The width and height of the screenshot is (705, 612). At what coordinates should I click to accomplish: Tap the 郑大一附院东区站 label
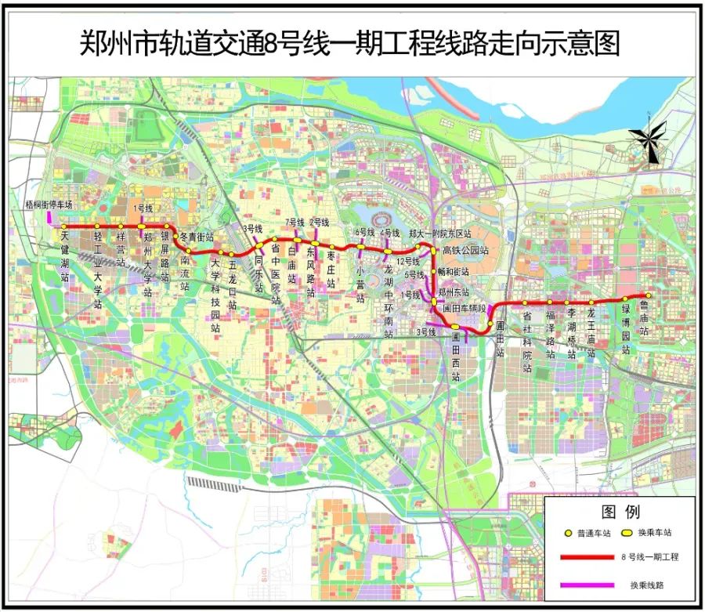click(x=440, y=234)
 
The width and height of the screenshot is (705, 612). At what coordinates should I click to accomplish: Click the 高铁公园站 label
click(x=466, y=251)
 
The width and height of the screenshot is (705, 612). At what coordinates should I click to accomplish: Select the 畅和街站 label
click(x=452, y=272)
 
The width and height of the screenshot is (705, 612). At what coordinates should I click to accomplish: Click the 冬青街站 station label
click(x=197, y=236)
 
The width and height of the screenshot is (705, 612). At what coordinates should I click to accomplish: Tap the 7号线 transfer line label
click(x=295, y=223)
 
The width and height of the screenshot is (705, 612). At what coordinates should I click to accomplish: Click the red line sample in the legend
click(x=587, y=557)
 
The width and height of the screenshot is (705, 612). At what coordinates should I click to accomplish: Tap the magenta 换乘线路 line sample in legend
click(x=587, y=585)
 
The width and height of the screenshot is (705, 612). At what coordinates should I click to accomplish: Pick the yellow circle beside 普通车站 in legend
click(x=569, y=533)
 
